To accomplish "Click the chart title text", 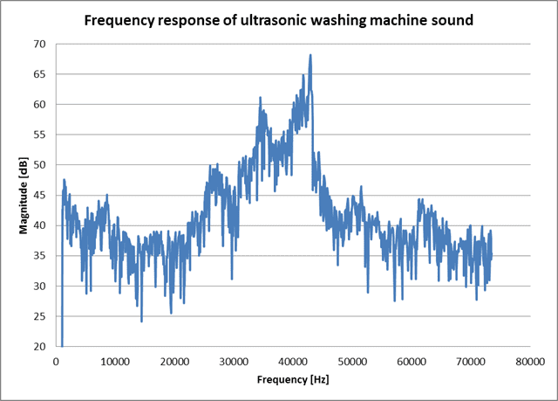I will click(x=279, y=19).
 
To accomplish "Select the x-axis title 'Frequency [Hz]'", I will click(x=293, y=380).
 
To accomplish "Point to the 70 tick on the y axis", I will click(x=41, y=44).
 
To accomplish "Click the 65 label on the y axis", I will click(x=41, y=74).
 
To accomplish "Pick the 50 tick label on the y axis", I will click(x=41, y=165).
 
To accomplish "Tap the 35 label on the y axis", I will click(x=41, y=256).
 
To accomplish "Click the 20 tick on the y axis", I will click(x=41, y=347).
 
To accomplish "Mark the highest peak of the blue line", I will click(x=310, y=55).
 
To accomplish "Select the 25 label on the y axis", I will click(x=41, y=316).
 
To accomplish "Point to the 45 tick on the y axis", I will click(x=41, y=195).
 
